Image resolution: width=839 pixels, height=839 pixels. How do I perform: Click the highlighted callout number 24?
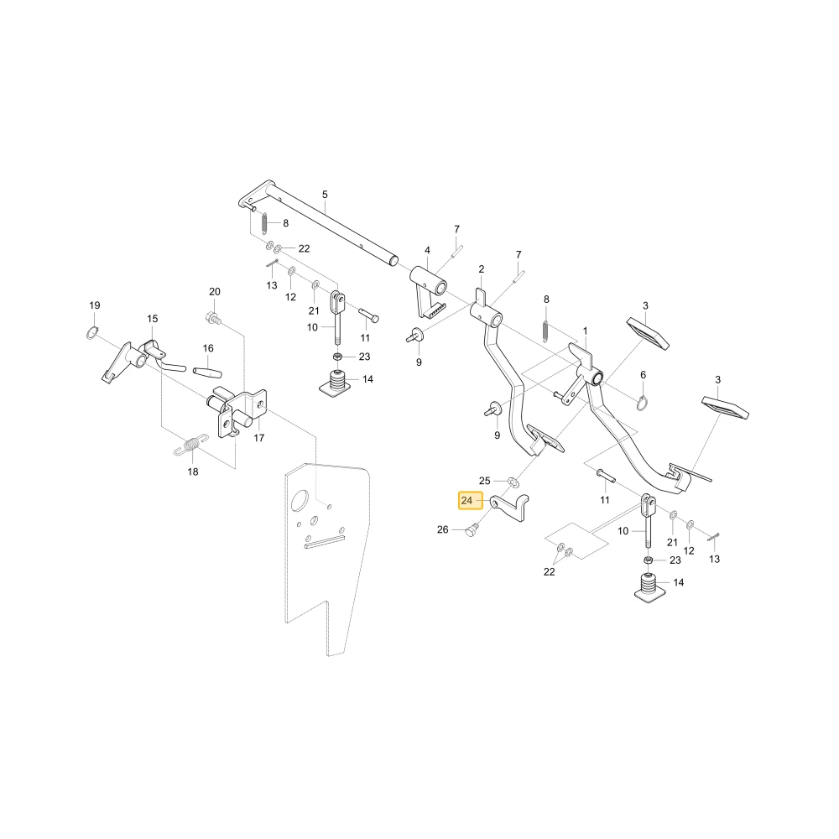(x=466, y=501)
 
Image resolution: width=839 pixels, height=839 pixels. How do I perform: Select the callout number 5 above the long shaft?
(x=325, y=195)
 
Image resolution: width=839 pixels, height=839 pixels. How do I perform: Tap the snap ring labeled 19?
(x=92, y=333)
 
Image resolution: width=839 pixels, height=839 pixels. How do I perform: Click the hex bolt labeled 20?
(x=213, y=318)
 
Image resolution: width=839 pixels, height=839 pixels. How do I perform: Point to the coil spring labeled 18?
(x=191, y=445)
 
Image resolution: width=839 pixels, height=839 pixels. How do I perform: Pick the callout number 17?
(x=259, y=438)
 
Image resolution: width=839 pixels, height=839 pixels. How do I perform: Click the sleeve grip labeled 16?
(x=207, y=372)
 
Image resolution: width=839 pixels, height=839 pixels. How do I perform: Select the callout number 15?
(x=153, y=319)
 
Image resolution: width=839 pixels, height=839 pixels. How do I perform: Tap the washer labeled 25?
(x=512, y=482)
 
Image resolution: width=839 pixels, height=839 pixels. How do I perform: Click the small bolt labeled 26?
(x=472, y=531)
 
